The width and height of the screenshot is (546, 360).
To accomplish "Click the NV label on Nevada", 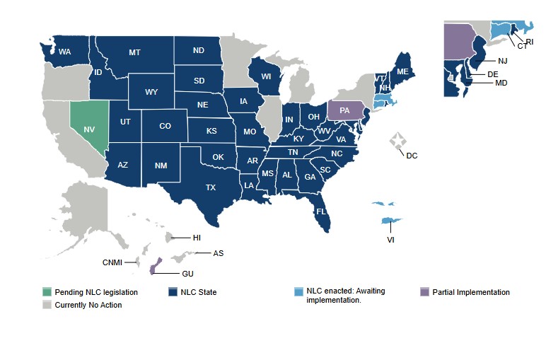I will pos(89,129).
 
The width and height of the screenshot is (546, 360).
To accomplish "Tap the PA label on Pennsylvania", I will pos(345,110).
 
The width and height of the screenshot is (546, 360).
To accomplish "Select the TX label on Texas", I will pos(211,187).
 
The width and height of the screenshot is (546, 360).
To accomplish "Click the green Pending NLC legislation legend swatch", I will pos(47,292).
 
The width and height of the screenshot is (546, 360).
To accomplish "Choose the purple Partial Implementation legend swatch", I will pos(424,292).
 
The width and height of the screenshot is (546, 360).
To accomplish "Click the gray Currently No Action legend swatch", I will pos(47,305).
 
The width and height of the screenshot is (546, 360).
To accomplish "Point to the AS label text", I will pos(219,253).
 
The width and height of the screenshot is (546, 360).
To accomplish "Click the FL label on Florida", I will pos(320,211).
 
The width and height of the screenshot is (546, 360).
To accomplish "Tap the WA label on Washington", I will pos(64,52).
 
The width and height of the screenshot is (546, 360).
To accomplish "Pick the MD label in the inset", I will pos(501,83).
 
